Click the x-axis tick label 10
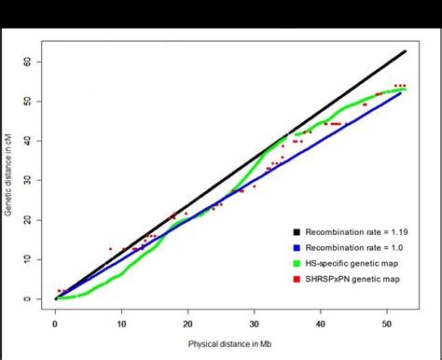click(x=121, y=322)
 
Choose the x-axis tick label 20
click(x=187, y=322)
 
